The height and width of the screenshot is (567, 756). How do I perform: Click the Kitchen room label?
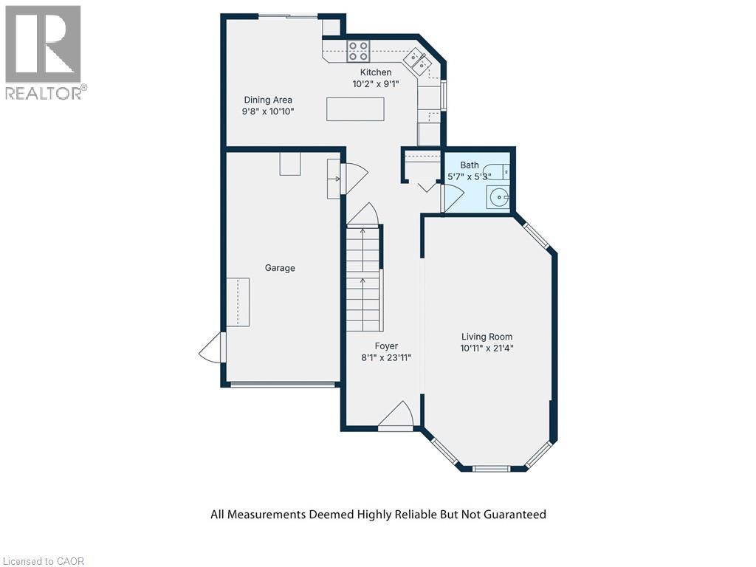pyautogui.click(x=375, y=72)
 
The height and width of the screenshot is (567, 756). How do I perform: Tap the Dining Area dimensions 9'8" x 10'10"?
pyautogui.click(x=268, y=112)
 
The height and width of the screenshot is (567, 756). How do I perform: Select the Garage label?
pyautogui.click(x=280, y=268)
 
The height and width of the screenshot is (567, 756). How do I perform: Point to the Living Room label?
pyautogui.click(x=486, y=337)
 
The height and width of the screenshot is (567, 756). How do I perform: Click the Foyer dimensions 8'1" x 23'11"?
pyautogui.click(x=386, y=357)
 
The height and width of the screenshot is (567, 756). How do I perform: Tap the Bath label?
pyautogui.click(x=470, y=165)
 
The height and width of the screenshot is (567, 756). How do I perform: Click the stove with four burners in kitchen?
pyautogui.click(x=359, y=51)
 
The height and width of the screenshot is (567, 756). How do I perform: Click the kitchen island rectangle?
pyautogui.click(x=355, y=109)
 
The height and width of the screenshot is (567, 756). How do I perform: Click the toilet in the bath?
pyautogui.click(x=502, y=171)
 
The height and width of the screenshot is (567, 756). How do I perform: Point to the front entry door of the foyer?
pyautogui.click(x=396, y=418)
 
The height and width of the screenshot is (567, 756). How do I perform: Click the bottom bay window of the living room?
pyautogui.click(x=490, y=468)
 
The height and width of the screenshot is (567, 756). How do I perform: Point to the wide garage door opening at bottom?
pyautogui.click(x=283, y=384)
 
